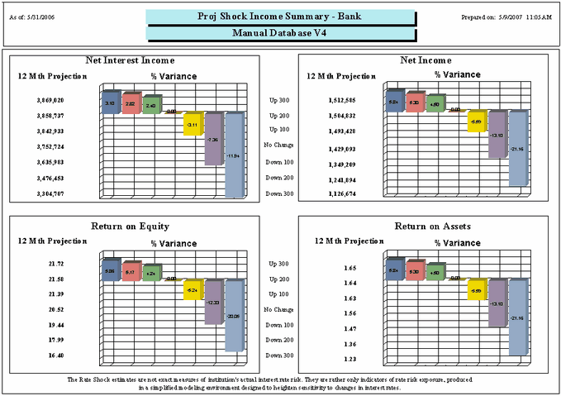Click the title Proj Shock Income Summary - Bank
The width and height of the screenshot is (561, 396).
click(280, 16)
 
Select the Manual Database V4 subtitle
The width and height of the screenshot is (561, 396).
click(280, 33)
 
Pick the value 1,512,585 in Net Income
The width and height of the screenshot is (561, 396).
click(341, 100)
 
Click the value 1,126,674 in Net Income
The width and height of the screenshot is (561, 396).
click(341, 194)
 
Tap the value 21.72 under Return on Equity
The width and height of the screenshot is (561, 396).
click(55, 264)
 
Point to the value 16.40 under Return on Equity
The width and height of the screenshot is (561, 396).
click(55, 355)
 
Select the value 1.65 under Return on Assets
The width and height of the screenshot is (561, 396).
click(349, 268)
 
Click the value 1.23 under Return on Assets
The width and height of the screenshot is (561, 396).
click(349, 358)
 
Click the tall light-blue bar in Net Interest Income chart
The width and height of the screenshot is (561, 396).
click(235, 155)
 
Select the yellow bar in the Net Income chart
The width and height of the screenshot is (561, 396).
click(476, 122)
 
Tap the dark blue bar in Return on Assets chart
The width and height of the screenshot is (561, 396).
click(395, 270)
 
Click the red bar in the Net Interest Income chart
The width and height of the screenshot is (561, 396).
click(131, 103)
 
